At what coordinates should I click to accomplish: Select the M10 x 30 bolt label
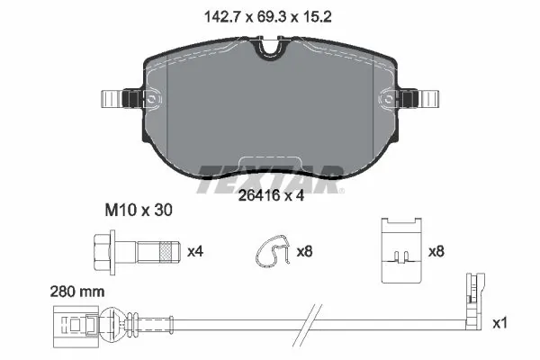(x=134, y=210)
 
